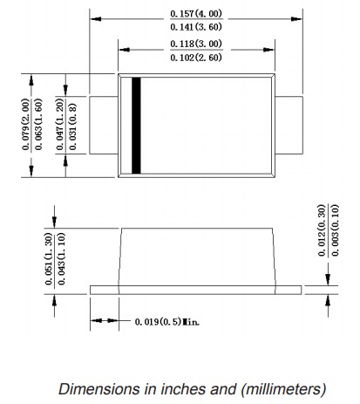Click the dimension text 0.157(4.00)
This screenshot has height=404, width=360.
click(196, 14)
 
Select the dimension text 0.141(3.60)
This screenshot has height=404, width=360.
click(196, 27)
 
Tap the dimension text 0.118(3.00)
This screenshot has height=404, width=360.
click(196, 44)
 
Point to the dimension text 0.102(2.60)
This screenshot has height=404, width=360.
click(196, 58)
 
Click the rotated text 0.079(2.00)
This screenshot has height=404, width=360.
click(26, 124)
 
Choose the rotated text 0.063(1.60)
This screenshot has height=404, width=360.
click(38, 124)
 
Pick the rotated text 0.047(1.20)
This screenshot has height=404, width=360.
click(59, 124)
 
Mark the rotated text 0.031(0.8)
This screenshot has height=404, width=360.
click(72, 127)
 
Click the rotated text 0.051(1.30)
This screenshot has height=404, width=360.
click(49, 259)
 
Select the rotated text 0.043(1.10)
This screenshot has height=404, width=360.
click(62, 259)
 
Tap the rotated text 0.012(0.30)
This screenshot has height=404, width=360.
click(322, 230)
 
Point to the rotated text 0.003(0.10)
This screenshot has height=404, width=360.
click(335, 230)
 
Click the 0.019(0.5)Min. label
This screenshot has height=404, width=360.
click(167, 322)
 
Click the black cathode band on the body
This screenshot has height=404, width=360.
click(136, 126)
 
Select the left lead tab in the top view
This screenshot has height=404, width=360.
click(104, 125)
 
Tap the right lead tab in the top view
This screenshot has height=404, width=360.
click(289, 125)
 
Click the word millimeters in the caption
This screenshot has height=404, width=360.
click(283, 389)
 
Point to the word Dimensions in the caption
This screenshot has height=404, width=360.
click(99, 389)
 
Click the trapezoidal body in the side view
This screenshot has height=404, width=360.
click(197, 257)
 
